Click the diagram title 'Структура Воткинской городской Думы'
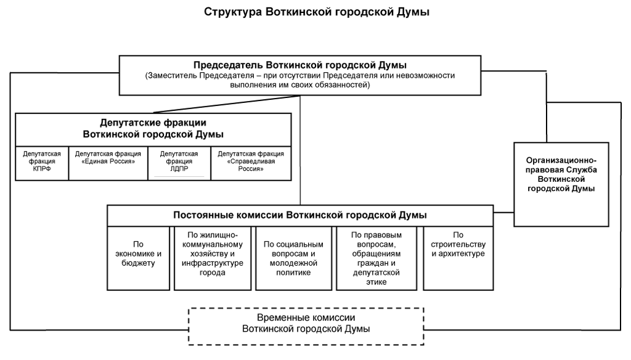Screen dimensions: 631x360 [x=316, y=12]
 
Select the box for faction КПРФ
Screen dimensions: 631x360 [x=42, y=163]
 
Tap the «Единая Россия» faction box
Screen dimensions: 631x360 [x=108, y=163]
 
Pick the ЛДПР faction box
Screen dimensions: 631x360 [x=179, y=163]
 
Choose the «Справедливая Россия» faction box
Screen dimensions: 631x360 [x=251, y=163]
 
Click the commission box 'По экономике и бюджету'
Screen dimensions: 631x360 [x=139, y=258]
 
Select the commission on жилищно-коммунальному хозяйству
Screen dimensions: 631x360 [x=213, y=258]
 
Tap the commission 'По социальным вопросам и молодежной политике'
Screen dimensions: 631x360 [x=293, y=258]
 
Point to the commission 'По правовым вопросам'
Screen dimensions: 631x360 [x=377, y=258]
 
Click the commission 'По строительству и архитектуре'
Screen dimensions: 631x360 [x=458, y=258]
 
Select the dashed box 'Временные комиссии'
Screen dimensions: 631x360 [x=306, y=326]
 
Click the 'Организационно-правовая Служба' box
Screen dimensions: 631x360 [x=561, y=184]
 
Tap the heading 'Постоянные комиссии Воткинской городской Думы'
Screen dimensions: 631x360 [x=300, y=215]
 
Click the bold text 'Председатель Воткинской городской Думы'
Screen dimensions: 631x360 [x=300, y=65]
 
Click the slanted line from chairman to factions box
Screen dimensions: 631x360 [x=227, y=104]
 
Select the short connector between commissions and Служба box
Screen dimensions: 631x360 [x=503, y=212]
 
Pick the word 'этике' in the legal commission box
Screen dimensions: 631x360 [x=377, y=282]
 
